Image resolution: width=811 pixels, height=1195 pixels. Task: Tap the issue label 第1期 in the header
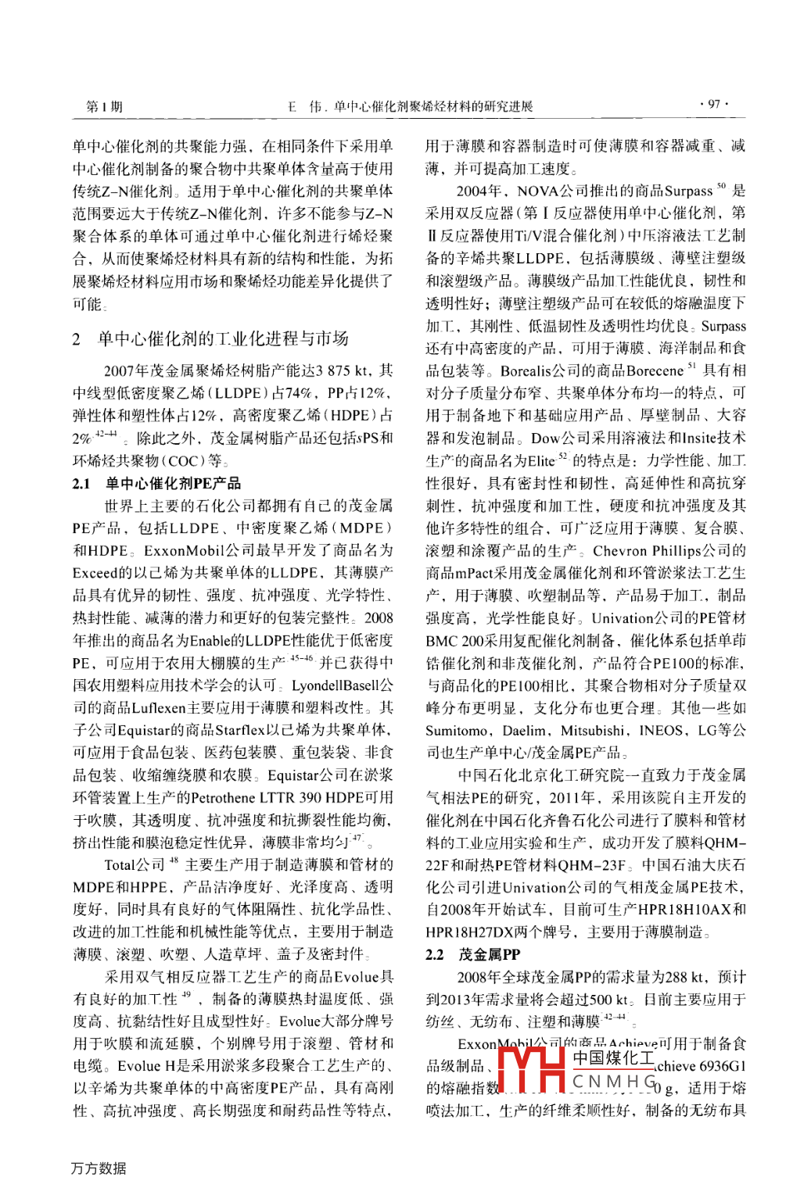coord(104,106)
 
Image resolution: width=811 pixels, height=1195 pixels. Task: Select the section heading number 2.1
coord(81,484)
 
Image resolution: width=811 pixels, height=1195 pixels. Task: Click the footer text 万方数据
coord(99,1168)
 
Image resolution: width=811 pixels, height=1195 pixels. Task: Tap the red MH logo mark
coord(531,1068)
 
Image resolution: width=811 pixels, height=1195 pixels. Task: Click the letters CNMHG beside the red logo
coord(614,1082)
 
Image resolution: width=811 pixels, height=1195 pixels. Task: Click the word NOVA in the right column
coord(537,191)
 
